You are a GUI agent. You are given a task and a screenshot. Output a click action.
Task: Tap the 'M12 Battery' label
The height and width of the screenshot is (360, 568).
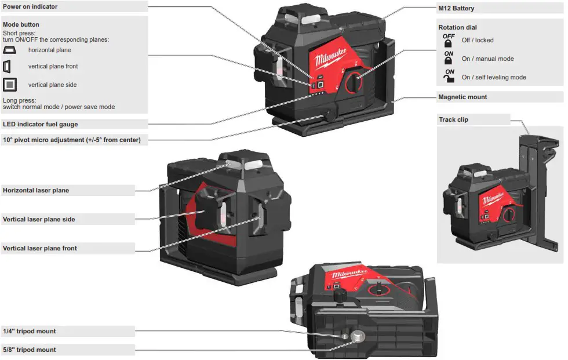tap(456, 9)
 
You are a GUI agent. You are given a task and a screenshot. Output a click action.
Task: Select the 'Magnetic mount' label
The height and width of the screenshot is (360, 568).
tap(463, 97)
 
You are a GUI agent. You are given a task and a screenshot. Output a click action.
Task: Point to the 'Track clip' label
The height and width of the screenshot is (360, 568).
tap(454, 119)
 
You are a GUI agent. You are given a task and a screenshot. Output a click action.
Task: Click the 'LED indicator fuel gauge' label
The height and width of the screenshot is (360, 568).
tap(40, 124)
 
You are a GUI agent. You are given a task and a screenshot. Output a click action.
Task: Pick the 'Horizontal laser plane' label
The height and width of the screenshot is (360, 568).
tap(36, 190)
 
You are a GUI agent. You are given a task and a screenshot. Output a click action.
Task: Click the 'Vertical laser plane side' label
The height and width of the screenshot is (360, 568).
tap(39, 219)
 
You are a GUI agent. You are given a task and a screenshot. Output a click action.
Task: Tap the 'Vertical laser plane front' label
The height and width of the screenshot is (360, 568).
tap(40, 248)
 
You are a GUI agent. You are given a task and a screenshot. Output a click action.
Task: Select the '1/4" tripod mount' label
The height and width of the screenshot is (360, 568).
tap(30, 331)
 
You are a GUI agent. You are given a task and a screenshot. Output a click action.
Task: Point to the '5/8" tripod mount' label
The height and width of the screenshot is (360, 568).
tap(30, 350)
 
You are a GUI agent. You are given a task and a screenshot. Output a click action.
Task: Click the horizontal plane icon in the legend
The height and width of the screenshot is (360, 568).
tap(10, 50)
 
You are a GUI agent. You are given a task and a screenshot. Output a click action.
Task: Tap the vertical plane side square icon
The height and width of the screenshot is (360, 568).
tap(10, 85)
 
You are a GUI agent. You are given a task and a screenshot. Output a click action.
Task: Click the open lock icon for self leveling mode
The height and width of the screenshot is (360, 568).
tap(449, 77)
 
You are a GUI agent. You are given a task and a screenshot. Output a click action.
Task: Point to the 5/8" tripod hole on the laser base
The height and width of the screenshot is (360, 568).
tap(356, 336)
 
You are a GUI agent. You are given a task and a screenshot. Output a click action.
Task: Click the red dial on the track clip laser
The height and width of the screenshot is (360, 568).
tap(508, 215)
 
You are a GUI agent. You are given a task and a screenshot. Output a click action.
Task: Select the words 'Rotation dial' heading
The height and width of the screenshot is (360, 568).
tap(458, 27)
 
